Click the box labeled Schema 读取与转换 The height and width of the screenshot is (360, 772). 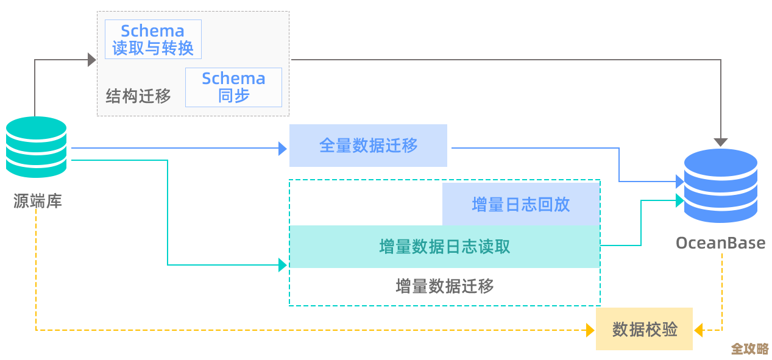point(153,40)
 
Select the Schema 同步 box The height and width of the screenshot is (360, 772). point(233,87)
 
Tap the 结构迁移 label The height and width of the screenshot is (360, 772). point(138,96)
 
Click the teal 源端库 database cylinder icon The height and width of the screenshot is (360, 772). point(37,147)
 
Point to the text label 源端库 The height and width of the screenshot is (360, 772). point(38,201)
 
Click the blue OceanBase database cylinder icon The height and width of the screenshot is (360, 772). point(720,186)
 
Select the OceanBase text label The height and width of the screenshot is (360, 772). point(720,243)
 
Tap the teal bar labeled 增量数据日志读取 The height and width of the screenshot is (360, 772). point(444,247)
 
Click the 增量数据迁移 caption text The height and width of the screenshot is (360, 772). point(444,286)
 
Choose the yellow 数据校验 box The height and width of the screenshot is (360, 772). point(644,330)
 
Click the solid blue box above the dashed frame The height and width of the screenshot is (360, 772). point(368,146)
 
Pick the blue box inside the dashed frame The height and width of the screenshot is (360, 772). point(521,205)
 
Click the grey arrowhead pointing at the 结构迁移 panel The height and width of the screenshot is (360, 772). point(92,60)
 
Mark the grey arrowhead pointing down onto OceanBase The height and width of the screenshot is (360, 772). point(721,143)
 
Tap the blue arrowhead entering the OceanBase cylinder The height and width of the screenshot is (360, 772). point(679,182)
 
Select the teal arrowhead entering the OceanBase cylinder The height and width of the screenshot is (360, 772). point(679,200)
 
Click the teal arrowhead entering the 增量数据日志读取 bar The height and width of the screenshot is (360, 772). point(283,265)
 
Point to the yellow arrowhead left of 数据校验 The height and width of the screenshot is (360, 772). point(590,330)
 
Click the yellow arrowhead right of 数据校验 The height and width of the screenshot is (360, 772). point(698,330)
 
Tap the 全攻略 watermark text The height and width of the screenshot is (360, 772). point(749,348)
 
